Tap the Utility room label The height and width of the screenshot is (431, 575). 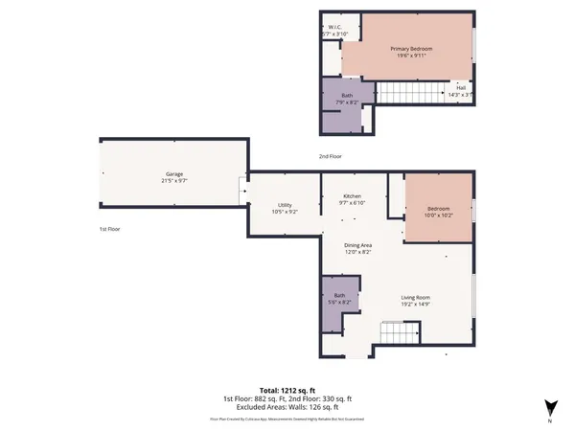click(x=286, y=205)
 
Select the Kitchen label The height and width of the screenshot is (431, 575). click(x=353, y=195)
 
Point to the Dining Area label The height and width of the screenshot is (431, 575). click(x=358, y=245)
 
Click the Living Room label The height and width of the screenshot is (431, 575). click(x=415, y=297)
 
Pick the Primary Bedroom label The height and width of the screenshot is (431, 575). click(x=410, y=49)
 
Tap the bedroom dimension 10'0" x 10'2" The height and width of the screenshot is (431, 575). click(x=438, y=216)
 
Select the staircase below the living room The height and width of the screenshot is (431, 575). click(x=401, y=333)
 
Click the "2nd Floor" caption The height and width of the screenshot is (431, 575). click(x=331, y=156)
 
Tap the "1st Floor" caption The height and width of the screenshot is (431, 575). click(x=109, y=230)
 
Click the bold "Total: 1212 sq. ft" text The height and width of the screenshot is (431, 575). click(x=287, y=390)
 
